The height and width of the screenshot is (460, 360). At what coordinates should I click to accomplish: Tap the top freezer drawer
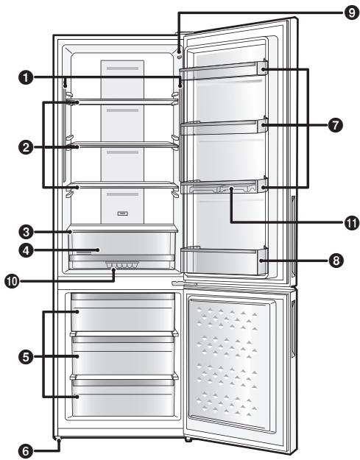point(124,312)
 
